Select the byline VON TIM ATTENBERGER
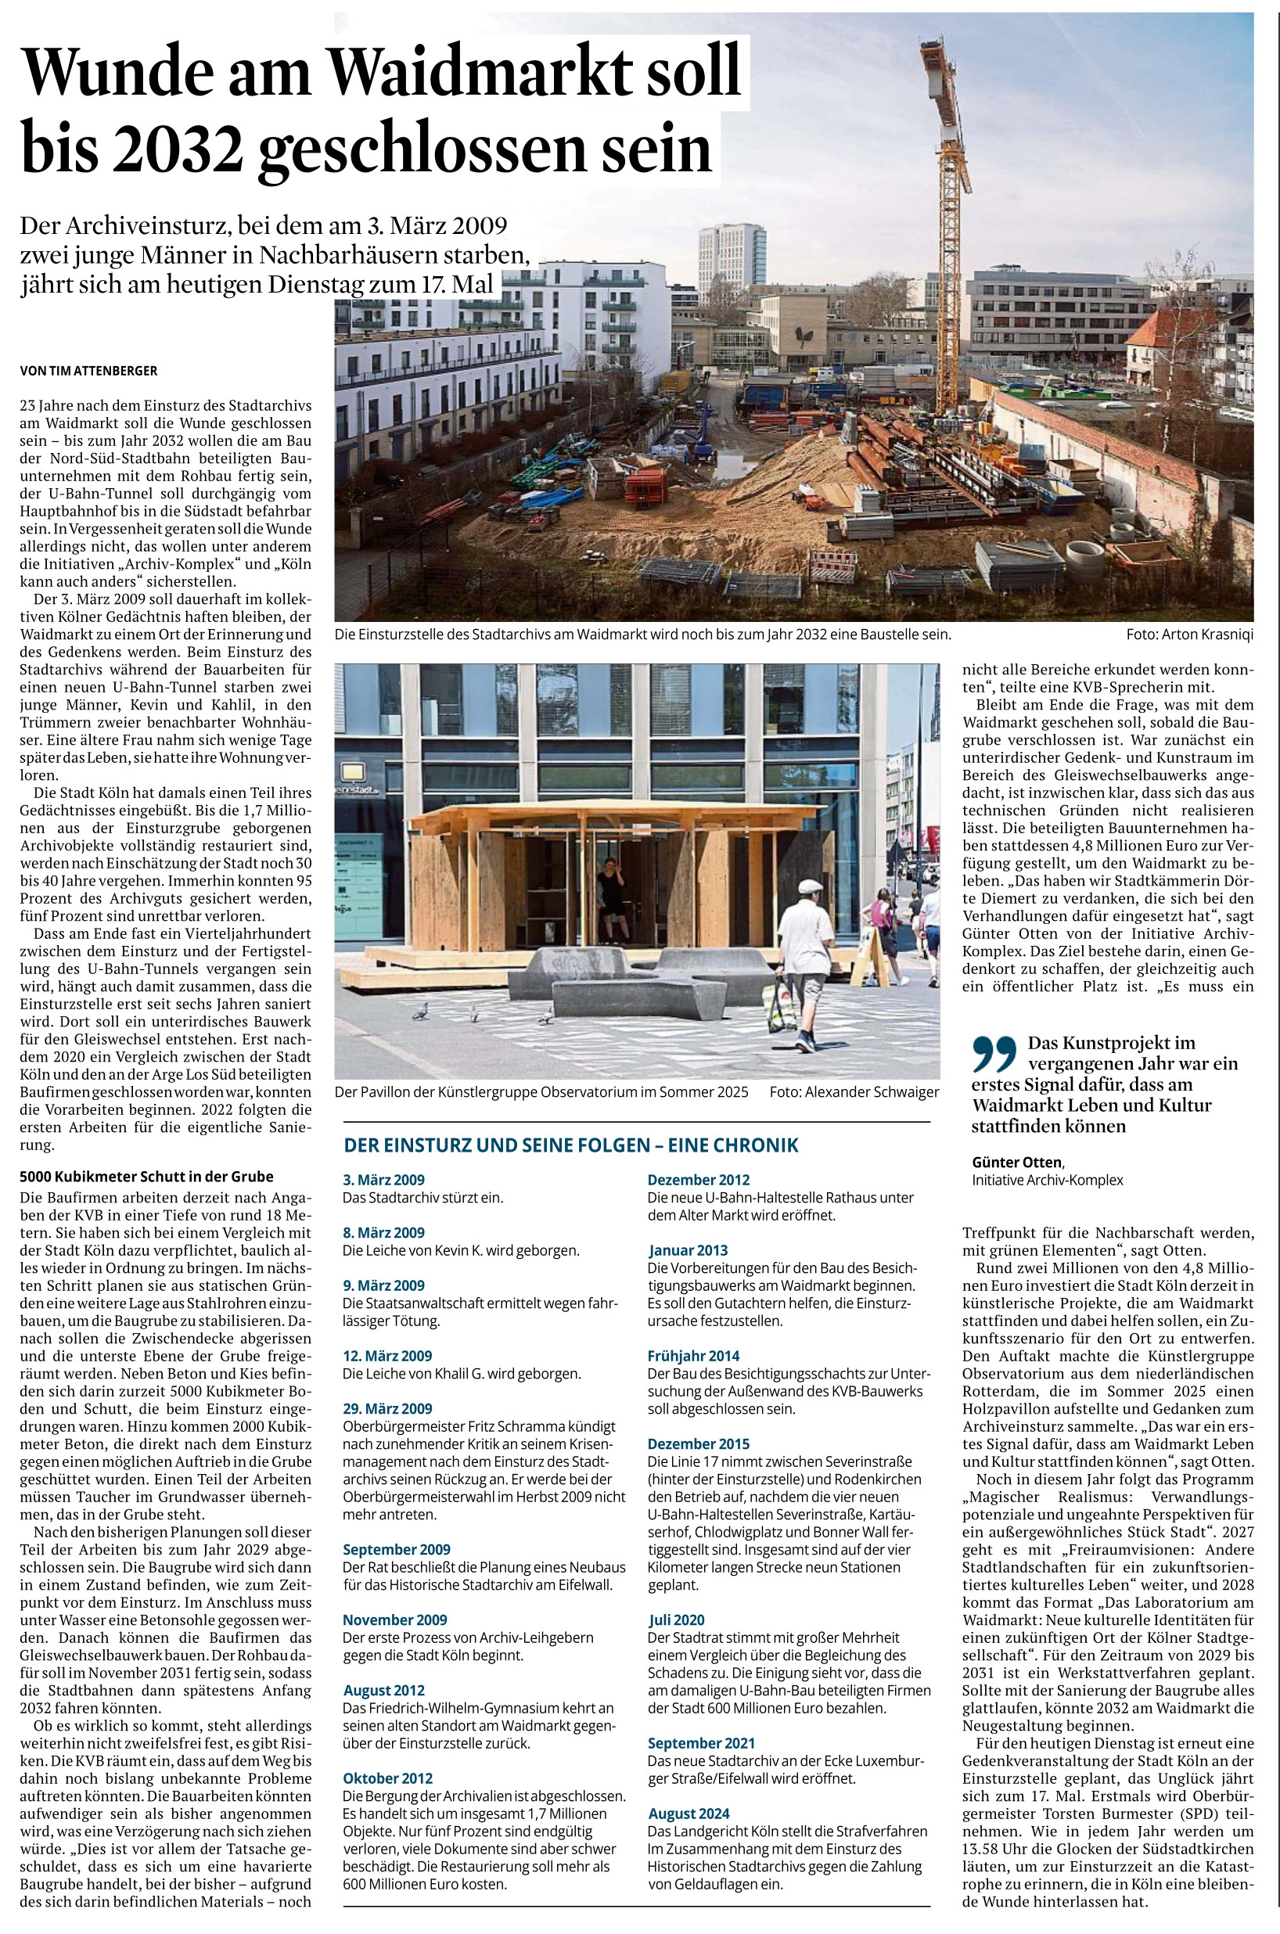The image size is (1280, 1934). coord(88,371)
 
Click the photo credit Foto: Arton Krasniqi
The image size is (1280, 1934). coord(1189,634)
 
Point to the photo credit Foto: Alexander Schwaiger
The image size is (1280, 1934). coord(853,1092)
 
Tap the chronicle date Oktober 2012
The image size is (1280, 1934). coord(388,1778)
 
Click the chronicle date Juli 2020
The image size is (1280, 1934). coord(677,1619)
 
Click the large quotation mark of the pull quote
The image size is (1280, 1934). coord(994,1053)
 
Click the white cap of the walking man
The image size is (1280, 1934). coord(810,886)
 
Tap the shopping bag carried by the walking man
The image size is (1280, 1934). coord(778,1008)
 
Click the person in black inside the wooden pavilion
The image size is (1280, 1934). coord(610,896)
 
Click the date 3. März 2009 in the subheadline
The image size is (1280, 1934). coord(438,224)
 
